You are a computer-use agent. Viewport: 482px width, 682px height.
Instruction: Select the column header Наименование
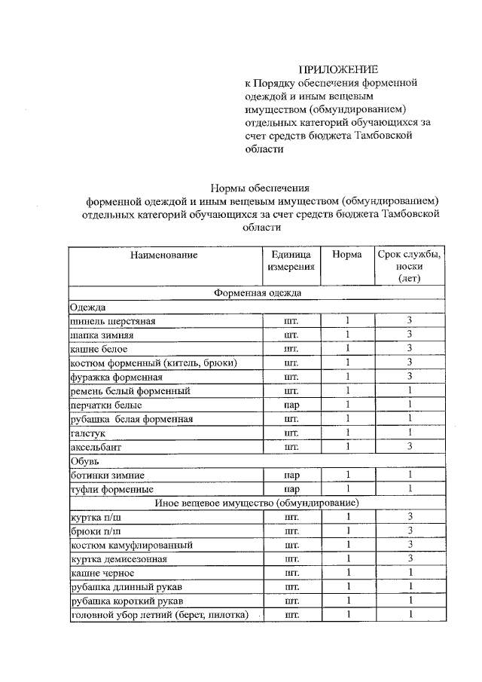pyautogui.click(x=163, y=255)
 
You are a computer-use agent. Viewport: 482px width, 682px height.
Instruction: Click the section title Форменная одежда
pyautogui.click(x=257, y=292)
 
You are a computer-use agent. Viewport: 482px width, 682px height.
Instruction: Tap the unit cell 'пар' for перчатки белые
pyautogui.click(x=291, y=405)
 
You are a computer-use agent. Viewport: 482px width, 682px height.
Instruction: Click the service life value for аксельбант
pyautogui.click(x=410, y=447)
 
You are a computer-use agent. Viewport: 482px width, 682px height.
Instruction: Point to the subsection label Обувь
pyautogui.click(x=84, y=461)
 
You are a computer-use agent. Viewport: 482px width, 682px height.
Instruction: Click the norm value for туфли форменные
pyautogui.click(x=348, y=489)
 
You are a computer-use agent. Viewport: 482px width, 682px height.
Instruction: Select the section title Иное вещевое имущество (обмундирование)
pyautogui.click(x=257, y=503)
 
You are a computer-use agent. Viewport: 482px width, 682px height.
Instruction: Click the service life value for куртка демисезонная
pyautogui.click(x=410, y=558)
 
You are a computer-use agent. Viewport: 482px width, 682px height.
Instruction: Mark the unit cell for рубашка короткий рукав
pyautogui.click(x=291, y=601)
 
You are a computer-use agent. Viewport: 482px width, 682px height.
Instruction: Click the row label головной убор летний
pyautogui.click(x=158, y=615)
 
